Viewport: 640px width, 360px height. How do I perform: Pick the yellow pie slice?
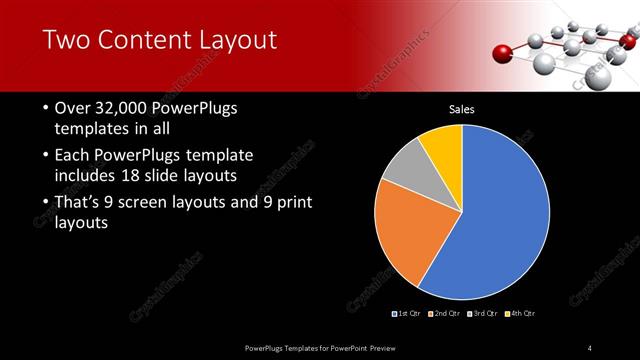[441, 146]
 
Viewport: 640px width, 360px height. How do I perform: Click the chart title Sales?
[461, 109]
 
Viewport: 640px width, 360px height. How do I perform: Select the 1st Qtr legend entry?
[408, 314]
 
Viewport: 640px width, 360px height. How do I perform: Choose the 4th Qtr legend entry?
[521, 314]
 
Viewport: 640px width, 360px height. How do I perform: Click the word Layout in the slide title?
[231, 40]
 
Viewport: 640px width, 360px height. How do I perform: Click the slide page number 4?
[590, 347]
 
